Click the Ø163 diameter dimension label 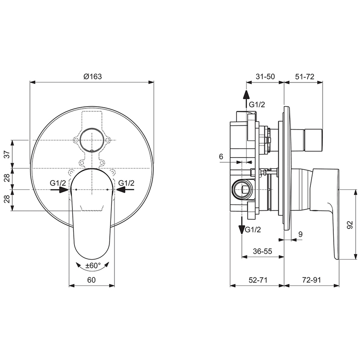[x=93, y=76]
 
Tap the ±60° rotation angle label [x=93, y=266]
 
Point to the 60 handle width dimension [x=92, y=280]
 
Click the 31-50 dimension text [x=265, y=76]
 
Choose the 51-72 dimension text [x=304, y=76]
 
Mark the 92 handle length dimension [x=349, y=224]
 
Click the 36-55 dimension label [x=262, y=251]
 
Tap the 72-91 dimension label [x=312, y=280]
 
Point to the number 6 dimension [x=221, y=157]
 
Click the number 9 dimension [x=300, y=234]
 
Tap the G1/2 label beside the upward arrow [x=257, y=105]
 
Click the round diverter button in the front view [x=92, y=139]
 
